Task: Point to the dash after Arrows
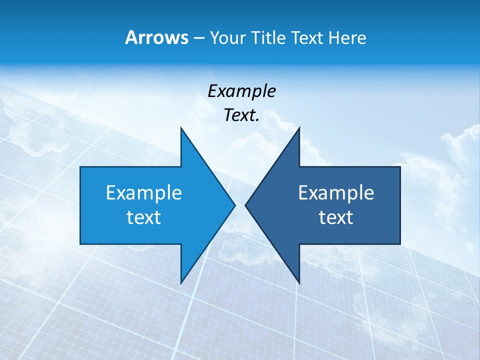click(x=198, y=38)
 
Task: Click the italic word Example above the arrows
click(x=242, y=91)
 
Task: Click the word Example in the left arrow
click(x=144, y=193)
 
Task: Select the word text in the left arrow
click(x=144, y=217)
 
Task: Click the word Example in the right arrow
click(x=336, y=193)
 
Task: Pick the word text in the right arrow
click(x=336, y=217)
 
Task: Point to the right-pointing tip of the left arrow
click(x=235, y=205)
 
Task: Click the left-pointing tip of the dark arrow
click(x=245, y=205)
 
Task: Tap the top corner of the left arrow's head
click(x=181, y=128)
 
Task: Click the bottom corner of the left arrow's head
click(x=181, y=283)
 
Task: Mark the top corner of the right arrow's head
click(x=299, y=128)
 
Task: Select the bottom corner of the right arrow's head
click(x=299, y=283)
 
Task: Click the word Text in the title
click(x=307, y=37)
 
